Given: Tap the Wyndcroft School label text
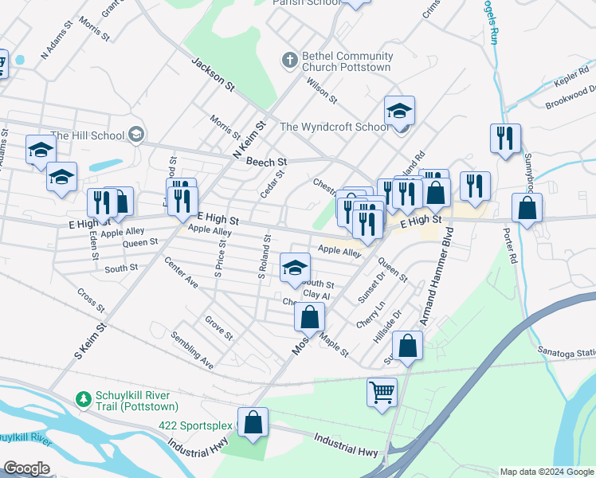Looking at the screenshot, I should click(x=335, y=127).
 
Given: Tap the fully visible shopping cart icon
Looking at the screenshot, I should click(x=382, y=392).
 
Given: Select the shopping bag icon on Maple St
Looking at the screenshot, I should click(x=310, y=316).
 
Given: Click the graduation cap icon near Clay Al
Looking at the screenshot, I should click(x=294, y=268).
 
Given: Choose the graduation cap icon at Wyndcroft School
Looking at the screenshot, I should click(x=399, y=111).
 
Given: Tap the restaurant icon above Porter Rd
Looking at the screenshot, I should click(x=505, y=138).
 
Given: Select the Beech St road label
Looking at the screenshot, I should click(x=266, y=162).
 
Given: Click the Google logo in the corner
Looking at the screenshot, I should click(x=25, y=468).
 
